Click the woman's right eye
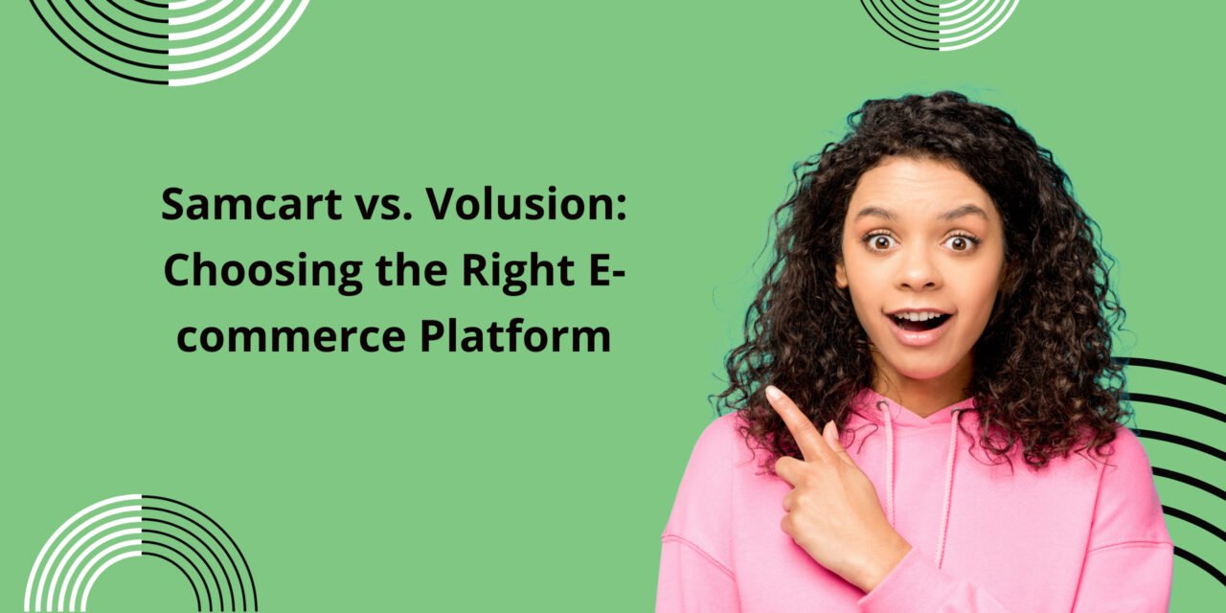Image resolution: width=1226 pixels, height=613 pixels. coord(878,239)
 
